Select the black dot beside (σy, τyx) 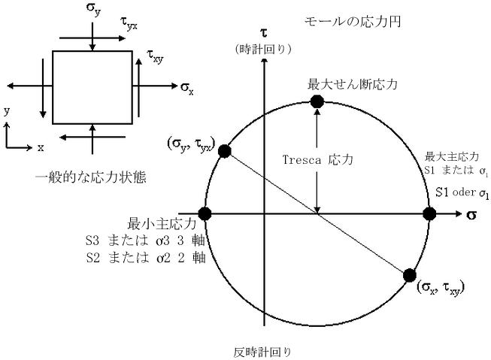pos(224,152)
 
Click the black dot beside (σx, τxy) pos(410,275)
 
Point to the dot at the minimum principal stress pos(204,214)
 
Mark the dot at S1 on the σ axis pos(429,214)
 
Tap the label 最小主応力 pos(162,224)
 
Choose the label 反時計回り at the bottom pos(262,350)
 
